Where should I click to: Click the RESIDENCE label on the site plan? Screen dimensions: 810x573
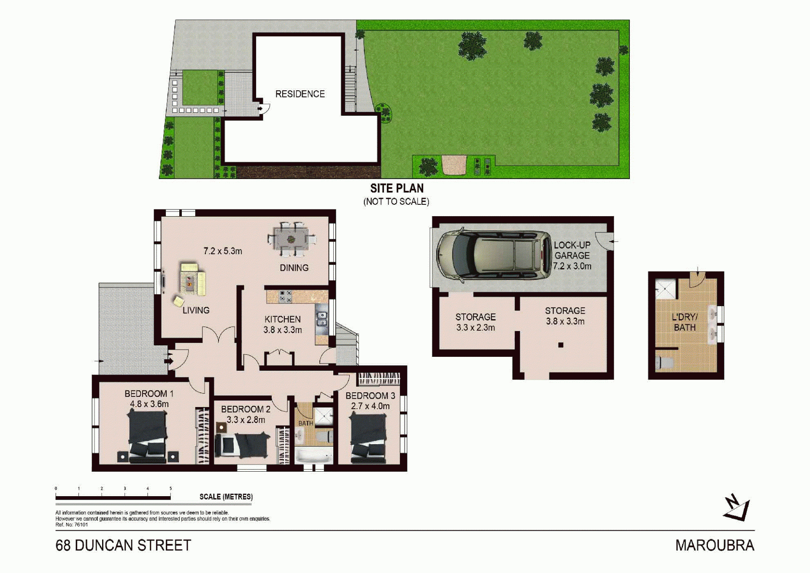point(300,94)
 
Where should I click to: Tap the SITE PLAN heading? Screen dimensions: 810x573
point(397,188)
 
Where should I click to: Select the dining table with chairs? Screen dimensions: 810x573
point(291,239)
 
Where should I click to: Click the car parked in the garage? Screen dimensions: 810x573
point(494,255)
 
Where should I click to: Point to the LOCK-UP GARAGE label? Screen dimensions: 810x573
point(572,250)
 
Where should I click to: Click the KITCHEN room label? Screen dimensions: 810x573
point(283,319)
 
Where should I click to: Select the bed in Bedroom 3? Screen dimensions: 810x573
point(368,437)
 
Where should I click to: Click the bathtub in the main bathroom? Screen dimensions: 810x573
point(313,456)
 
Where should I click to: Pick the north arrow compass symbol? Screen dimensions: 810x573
point(737,507)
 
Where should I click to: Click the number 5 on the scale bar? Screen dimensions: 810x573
point(170,489)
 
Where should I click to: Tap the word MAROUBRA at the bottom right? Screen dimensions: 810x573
point(715,546)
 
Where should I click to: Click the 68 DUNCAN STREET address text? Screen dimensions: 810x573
point(123,546)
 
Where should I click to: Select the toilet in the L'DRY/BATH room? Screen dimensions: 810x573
point(665,362)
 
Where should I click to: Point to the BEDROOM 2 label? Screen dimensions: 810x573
point(246,409)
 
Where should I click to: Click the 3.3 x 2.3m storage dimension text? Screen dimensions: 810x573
point(475,327)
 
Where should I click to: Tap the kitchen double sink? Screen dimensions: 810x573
point(322,319)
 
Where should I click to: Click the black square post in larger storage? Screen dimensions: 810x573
point(561,345)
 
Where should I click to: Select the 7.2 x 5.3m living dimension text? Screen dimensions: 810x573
point(223,251)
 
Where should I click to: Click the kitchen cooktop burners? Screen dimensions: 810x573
point(286,296)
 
